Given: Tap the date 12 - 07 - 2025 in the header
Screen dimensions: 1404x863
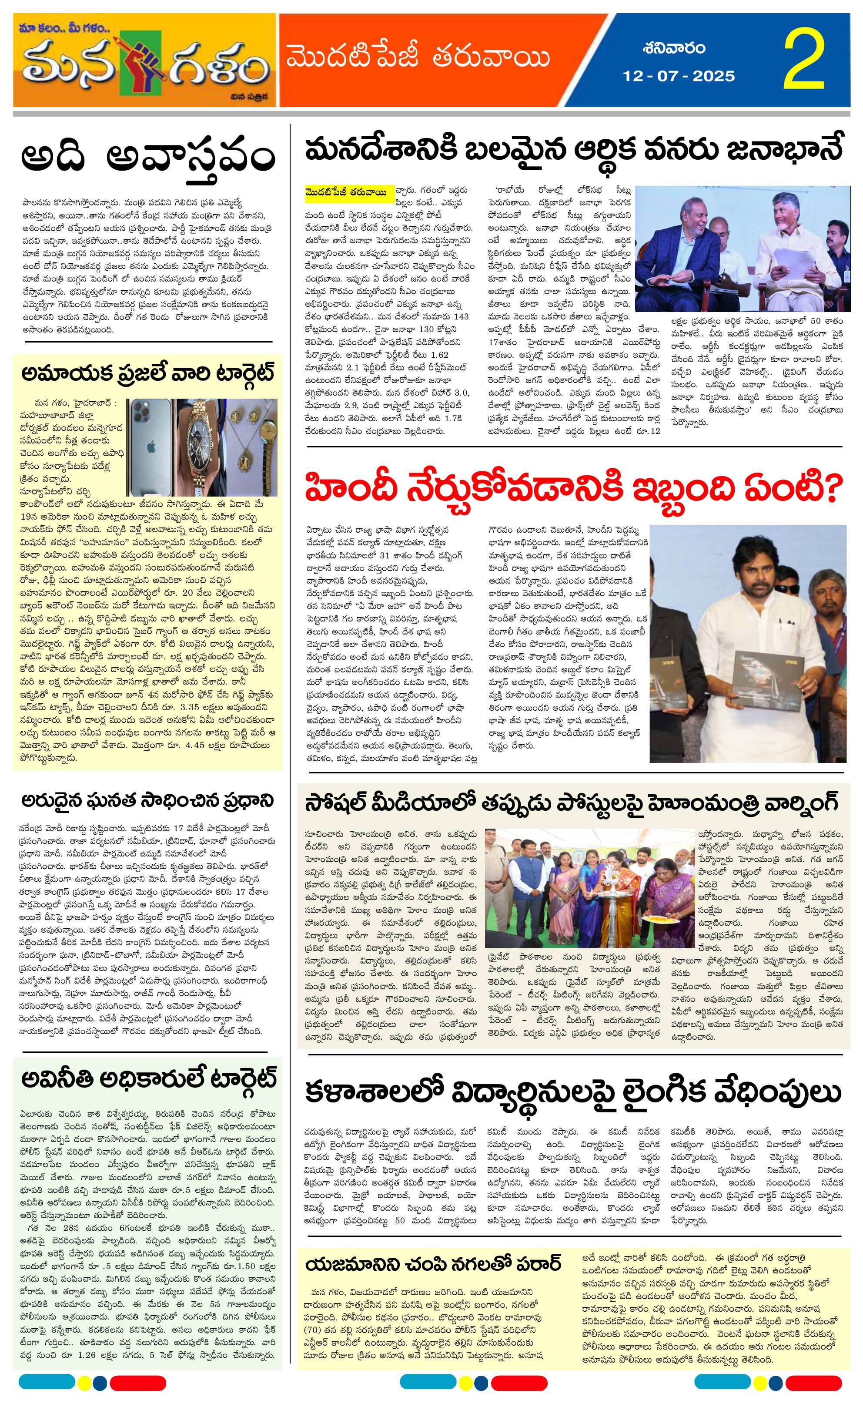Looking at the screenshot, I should [679, 76].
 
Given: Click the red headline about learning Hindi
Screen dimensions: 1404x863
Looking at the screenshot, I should [573, 488].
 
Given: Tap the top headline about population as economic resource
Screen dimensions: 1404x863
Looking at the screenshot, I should [573, 151].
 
